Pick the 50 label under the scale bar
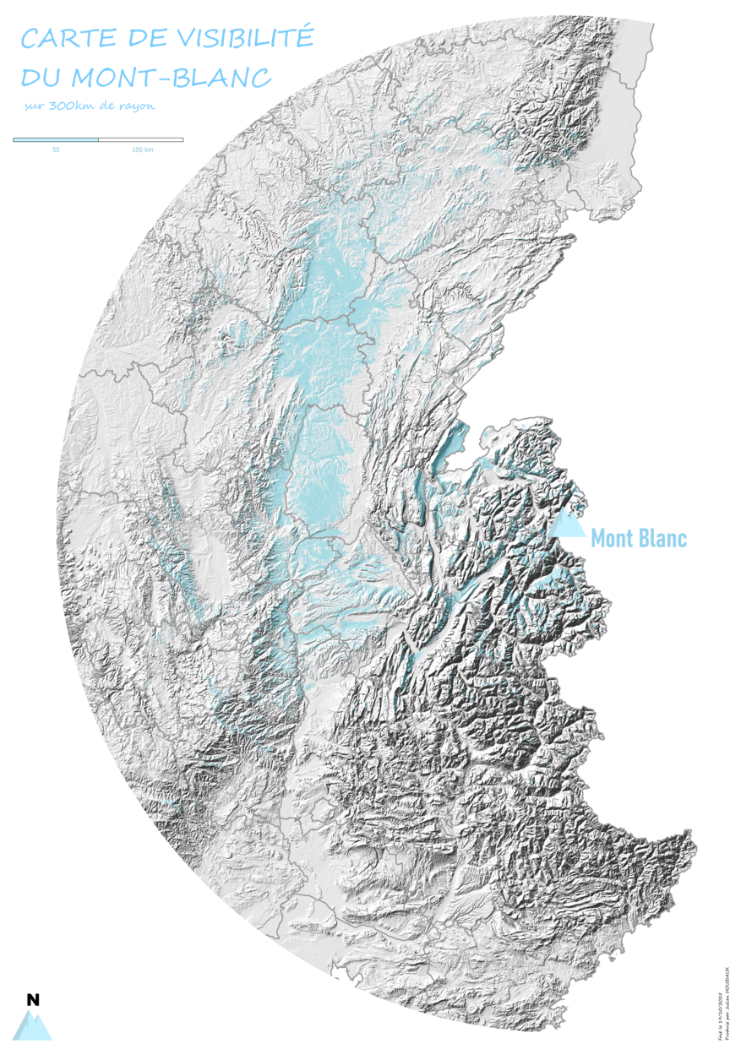point(56,149)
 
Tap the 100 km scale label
point(142,149)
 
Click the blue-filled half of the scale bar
point(56,139)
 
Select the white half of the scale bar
point(140,139)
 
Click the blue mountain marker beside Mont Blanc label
point(569,525)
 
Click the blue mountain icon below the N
point(33,1025)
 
